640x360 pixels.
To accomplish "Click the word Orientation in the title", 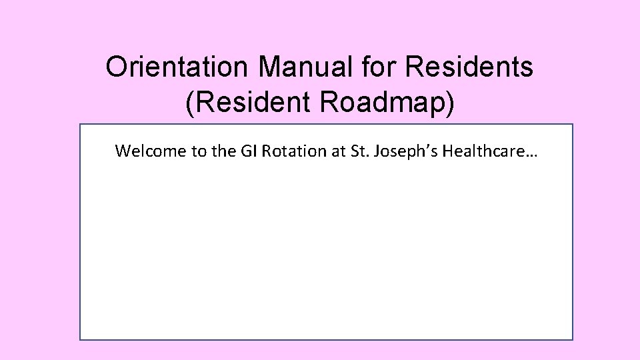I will pyautogui.click(x=178, y=67).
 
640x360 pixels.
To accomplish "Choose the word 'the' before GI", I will pyautogui.click(x=222, y=151).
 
